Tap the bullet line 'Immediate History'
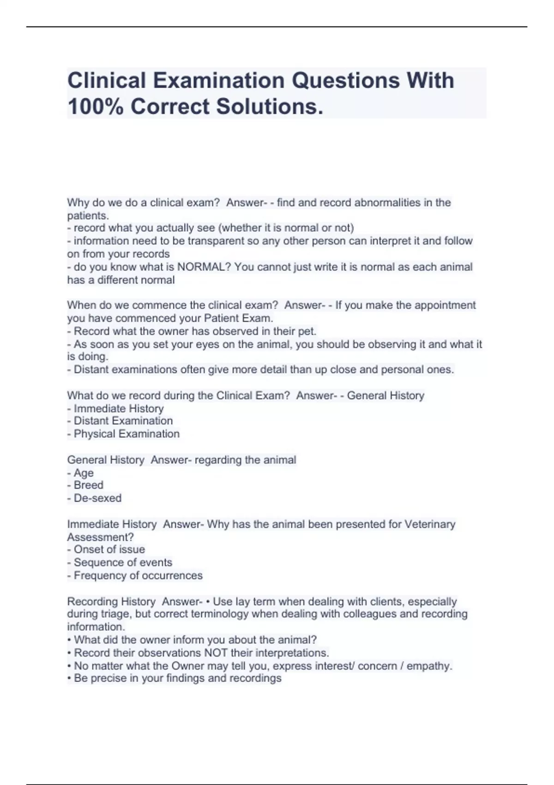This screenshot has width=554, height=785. click(x=118, y=408)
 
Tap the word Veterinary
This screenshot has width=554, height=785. click(x=430, y=524)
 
